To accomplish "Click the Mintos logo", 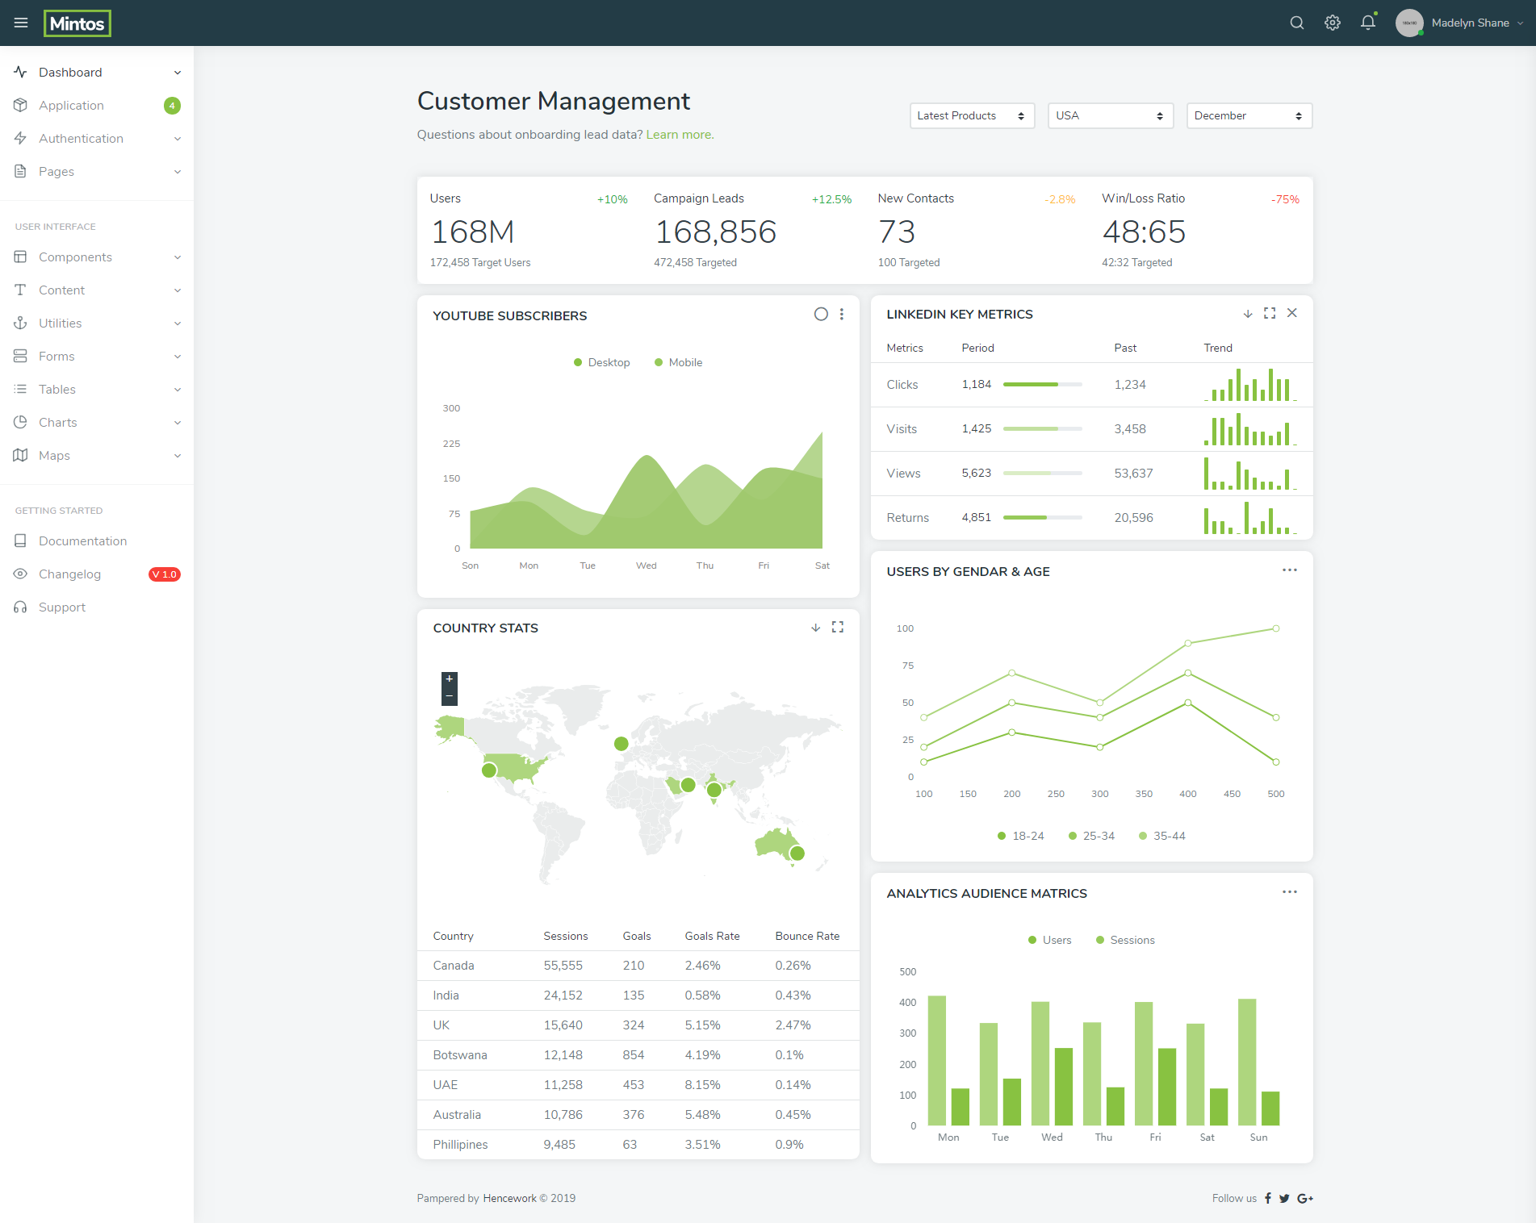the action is pyautogui.click(x=77, y=23).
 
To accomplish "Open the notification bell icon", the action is pyautogui.click(x=1368, y=23).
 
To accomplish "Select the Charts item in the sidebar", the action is pyautogui.click(x=58, y=422).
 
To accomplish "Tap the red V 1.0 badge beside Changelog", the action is pyautogui.click(x=165, y=574).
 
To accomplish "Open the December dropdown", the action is pyautogui.click(x=1249, y=115).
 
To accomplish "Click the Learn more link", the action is pyautogui.click(x=680, y=135).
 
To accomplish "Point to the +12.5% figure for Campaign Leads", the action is pyautogui.click(x=831, y=199).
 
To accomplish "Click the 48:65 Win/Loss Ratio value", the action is pyautogui.click(x=1144, y=232).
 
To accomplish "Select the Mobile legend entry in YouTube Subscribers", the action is pyautogui.click(x=678, y=362).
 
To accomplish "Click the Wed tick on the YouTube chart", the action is pyautogui.click(x=646, y=566).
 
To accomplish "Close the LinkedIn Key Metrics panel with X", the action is pyautogui.click(x=1292, y=313).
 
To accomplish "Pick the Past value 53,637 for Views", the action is pyautogui.click(x=1133, y=474).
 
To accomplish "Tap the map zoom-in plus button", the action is pyautogui.click(x=450, y=679).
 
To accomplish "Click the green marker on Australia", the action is pyautogui.click(x=797, y=853).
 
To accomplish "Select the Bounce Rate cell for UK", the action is pyautogui.click(x=793, y=1025).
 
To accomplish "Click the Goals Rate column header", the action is pyautogui.click(x=712, y=936).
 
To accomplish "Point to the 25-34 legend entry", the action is pyautogui.click(x=1091, y=836).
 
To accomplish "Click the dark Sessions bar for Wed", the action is pyautogui.click(x=1064, y=1087).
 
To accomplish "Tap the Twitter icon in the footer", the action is pyautogui.click(x=1284, y=1199).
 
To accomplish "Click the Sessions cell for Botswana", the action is pyautogui.click(x=563, y=1055).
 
